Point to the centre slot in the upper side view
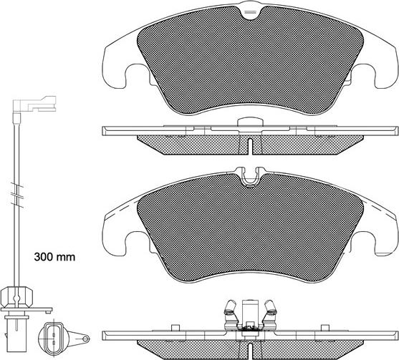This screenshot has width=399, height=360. pyautogui.click(x=249, y=145)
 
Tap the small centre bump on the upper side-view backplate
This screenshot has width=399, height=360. pyautogui.click(x=249, y=122)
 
